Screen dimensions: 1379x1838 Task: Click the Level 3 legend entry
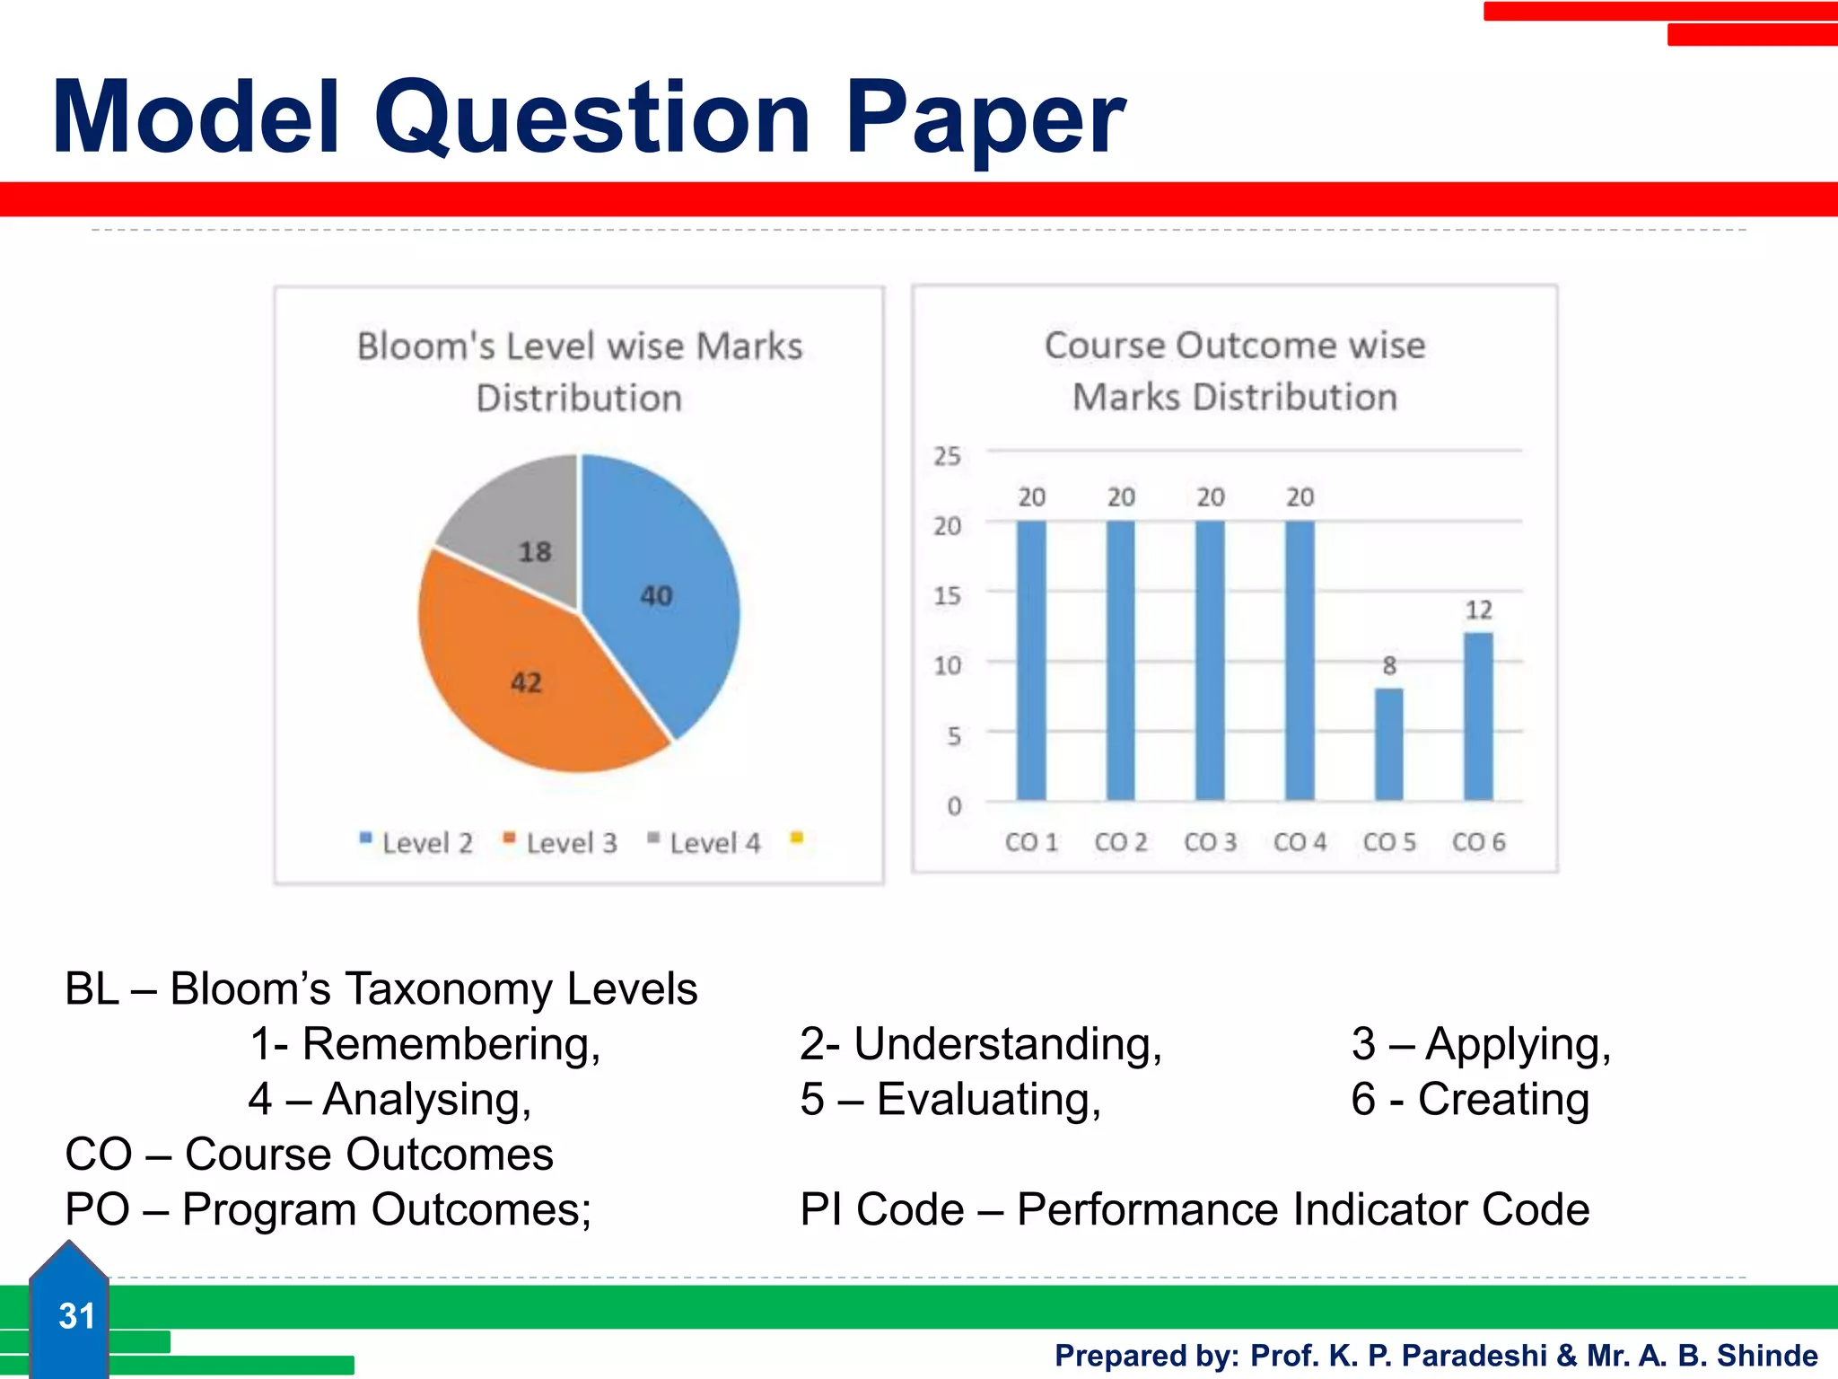[562, 842]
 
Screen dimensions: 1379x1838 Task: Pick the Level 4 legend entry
[705, 842]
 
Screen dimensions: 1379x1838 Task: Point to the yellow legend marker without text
[796, 839]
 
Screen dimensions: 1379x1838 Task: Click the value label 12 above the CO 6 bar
[1478, 610]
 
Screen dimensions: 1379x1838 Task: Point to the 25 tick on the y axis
[947, 456]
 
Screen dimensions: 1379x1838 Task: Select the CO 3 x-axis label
[1210, 842]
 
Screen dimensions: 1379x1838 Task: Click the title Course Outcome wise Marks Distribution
[1235, 371]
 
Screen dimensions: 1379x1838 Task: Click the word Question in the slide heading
[592, 119]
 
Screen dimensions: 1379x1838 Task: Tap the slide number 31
[76, 1316]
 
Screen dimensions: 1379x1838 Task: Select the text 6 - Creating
[1470, 1099]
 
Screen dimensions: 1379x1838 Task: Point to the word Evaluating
[988, 1099]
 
